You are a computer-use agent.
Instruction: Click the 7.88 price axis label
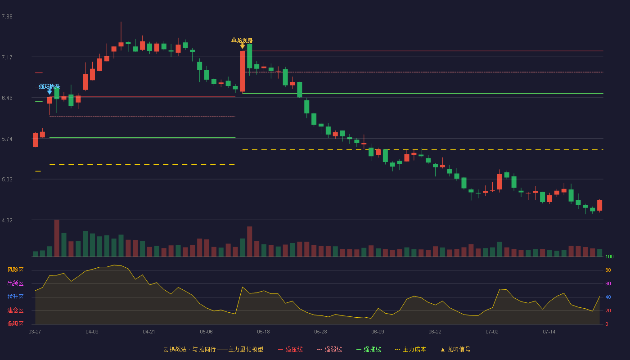tap(7, 17)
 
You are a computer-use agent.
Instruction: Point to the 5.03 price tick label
tap(7, 180)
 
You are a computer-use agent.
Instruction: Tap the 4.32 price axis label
tap(7, 220)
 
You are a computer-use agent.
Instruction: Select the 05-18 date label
tap(263, 332)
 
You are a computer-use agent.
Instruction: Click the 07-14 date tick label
tap(549, 332)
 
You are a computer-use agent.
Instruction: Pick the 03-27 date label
tap(35, 332)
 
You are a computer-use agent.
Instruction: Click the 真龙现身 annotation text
tap(242, 40)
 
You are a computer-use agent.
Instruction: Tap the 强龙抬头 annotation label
tap(49, 86)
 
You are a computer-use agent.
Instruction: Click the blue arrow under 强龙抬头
tap(49, 92)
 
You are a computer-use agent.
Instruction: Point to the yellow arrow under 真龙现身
tap(242, 46)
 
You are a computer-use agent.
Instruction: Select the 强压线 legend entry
tap(290, 349)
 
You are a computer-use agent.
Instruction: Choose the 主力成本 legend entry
tap(410, 349)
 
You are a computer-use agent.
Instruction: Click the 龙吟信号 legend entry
tap(455, 349)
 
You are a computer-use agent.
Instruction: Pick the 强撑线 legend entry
tap(369, 349)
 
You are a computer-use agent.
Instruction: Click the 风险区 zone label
tap(15, 270)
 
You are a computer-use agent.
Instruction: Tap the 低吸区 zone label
tap(15, 324)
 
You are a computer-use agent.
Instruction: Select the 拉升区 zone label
tap(15, 297)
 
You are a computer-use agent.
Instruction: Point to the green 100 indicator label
tap(609, 256)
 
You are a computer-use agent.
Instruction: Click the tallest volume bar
tap(57, 238)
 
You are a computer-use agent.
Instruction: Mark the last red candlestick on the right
tap(599, 205)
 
